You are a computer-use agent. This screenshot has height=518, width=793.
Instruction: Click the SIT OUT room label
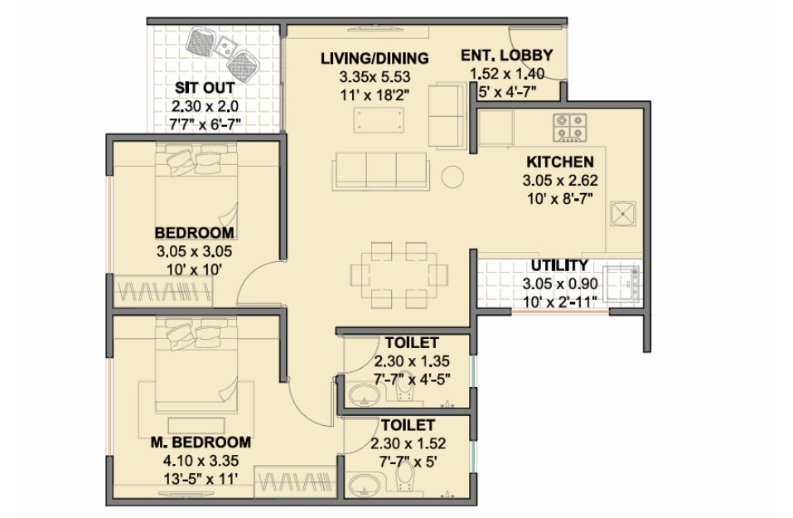point(205,88)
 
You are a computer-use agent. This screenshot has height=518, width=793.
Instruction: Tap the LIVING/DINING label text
point(375,58)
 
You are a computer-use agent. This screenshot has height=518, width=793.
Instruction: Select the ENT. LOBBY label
point(507,55)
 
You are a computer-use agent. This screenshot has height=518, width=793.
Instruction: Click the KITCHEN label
point(560,162)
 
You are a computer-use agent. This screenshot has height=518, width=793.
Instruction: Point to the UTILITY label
point(559,265)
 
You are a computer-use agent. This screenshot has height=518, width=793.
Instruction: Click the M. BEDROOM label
point(201,442)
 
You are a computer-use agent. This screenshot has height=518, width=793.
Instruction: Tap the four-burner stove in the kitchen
point(570,128)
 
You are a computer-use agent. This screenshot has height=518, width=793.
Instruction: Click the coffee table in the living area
point(379,120)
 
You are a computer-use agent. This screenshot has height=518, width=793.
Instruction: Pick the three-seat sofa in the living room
point(381,172)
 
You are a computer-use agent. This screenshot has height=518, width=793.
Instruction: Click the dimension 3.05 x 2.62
point(560,180)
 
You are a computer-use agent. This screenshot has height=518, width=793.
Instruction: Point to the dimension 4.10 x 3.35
point(201,461)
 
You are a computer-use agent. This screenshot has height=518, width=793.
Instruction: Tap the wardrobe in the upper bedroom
point(163,292)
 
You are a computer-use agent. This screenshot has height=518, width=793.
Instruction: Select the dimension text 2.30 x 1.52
point(409,443)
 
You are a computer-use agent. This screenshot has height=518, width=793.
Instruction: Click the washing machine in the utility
point(621,283)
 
